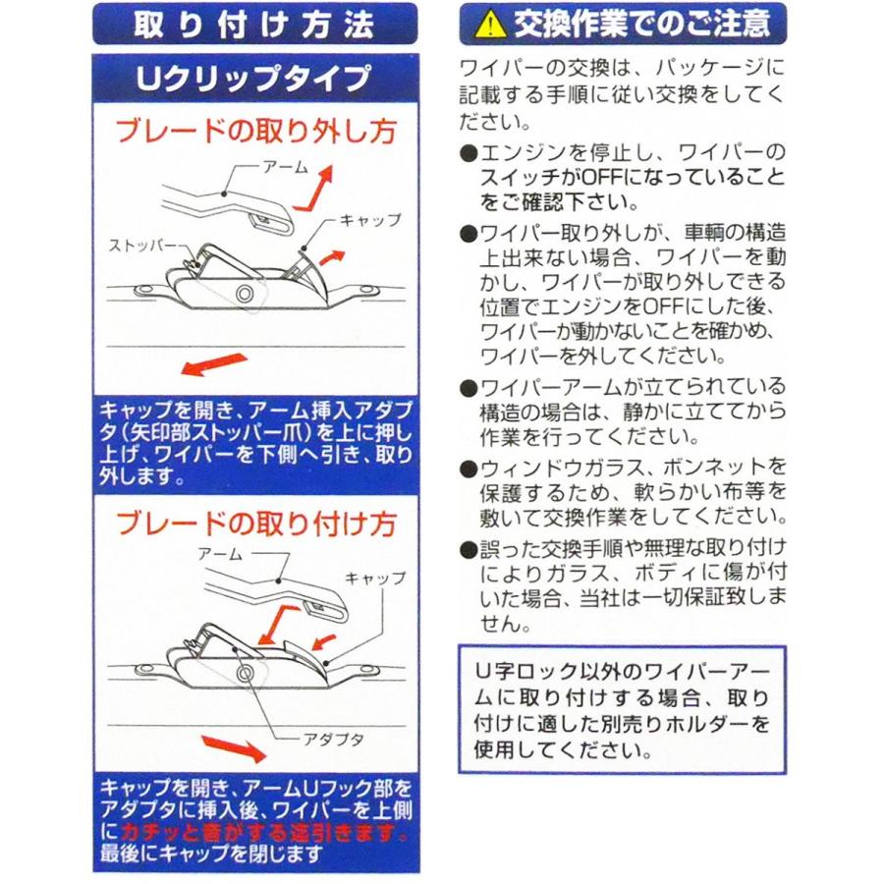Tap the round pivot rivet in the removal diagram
tap(241, 295)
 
